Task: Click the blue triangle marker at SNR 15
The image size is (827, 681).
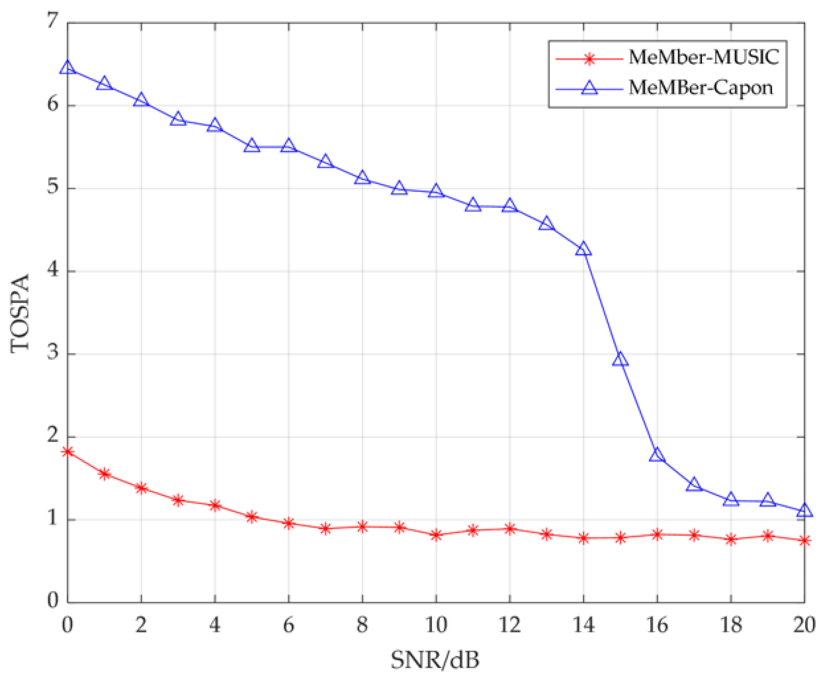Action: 620,359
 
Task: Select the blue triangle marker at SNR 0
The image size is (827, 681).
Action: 68,67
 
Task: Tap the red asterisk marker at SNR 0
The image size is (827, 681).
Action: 68,452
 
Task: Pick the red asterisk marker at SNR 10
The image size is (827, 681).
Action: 436,535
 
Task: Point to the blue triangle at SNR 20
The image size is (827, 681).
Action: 804,510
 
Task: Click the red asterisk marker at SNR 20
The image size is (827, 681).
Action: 804,541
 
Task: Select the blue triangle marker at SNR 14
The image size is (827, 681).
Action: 583,249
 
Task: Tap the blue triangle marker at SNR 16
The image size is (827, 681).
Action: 657,455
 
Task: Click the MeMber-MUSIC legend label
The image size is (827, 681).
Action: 703,57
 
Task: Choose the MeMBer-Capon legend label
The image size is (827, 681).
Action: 701,88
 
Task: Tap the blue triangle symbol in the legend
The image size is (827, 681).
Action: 589,88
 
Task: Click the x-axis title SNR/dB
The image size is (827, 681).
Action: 435,660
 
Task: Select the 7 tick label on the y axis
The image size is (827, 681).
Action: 53,20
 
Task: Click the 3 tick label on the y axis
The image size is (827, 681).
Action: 53,352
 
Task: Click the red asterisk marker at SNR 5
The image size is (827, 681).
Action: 252,517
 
